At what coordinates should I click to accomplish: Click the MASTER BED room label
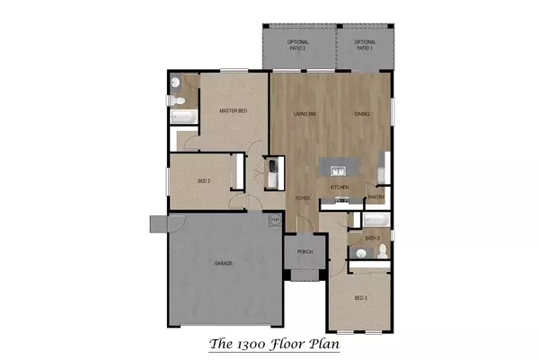tap(234, 111)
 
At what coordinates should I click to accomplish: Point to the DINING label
tap(362, 114)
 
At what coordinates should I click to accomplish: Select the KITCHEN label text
tap(339, 187)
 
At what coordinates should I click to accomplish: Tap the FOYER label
tap(304, 197)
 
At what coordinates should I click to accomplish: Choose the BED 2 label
tap(204, 181)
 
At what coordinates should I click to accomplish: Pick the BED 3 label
tap(361, 297)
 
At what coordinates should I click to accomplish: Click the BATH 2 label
tap(373, 238)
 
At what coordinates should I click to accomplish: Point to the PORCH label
tap(305, 252)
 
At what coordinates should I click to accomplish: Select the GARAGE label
tap(224, 263)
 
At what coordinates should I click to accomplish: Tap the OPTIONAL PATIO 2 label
tap(298, 45)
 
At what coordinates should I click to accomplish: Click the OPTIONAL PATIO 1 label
tap(365, 45)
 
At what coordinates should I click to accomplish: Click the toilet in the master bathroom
tap(176, 85)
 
